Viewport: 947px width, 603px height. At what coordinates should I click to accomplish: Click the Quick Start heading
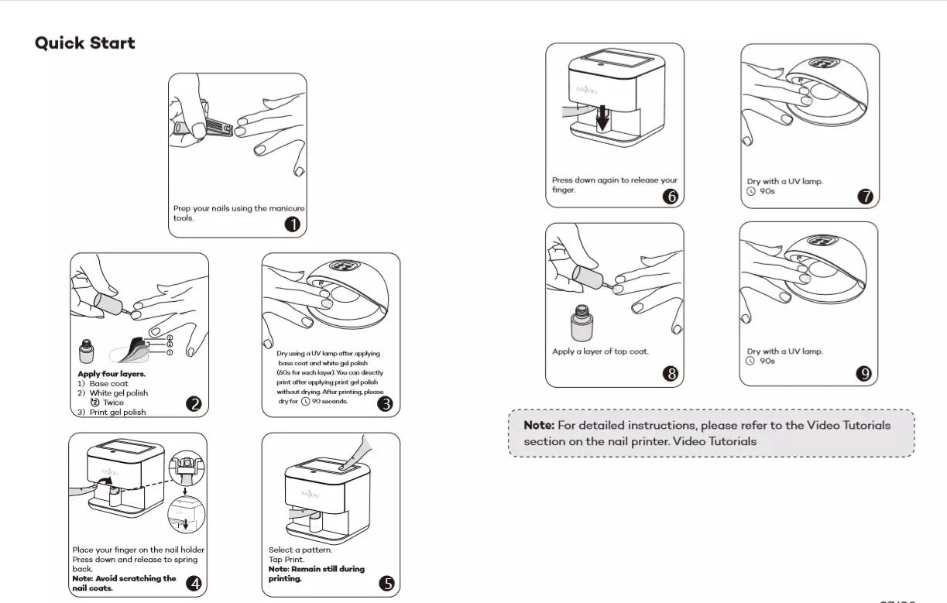click(x=85, y=43)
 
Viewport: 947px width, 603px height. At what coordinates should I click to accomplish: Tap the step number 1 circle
click(x=293, y=224)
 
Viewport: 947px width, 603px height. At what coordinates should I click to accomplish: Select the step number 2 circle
click(x=194, y=403)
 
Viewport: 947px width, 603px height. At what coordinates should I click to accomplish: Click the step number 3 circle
click(x=385, y=403)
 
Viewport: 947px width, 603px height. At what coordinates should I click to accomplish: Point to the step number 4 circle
click(x=194, y=584)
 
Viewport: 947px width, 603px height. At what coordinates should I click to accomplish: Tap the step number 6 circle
click(x=671, y=196)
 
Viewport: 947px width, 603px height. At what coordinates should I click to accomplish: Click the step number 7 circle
click(x=865, y=196)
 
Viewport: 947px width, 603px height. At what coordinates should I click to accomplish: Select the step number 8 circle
click(x=671, y=374)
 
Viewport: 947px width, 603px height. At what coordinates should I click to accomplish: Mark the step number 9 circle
click(x=864, y=374)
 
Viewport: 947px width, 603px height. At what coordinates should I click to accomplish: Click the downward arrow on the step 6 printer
click(x=603, y=118)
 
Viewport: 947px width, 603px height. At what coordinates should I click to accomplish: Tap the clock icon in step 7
click(x=751, y=191)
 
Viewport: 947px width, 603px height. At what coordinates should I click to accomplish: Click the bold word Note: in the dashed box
click(x=539, y=425)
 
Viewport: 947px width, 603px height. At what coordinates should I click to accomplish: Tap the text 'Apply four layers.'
click(x=112, y=374)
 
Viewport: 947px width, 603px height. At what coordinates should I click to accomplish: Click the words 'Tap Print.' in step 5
click(x=287, y=559)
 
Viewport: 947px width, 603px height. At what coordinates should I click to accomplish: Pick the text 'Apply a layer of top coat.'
click(x=600, y=351)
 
